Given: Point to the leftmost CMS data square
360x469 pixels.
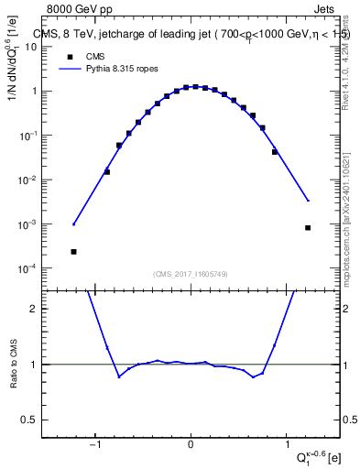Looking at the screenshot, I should pos(73,251).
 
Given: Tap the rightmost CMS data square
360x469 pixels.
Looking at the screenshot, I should pos(308,227).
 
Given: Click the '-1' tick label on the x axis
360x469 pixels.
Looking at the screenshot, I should pos(94,445).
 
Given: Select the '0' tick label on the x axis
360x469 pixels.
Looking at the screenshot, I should pos(191,445).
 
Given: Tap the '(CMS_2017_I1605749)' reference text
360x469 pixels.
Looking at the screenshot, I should pos(191,274).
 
